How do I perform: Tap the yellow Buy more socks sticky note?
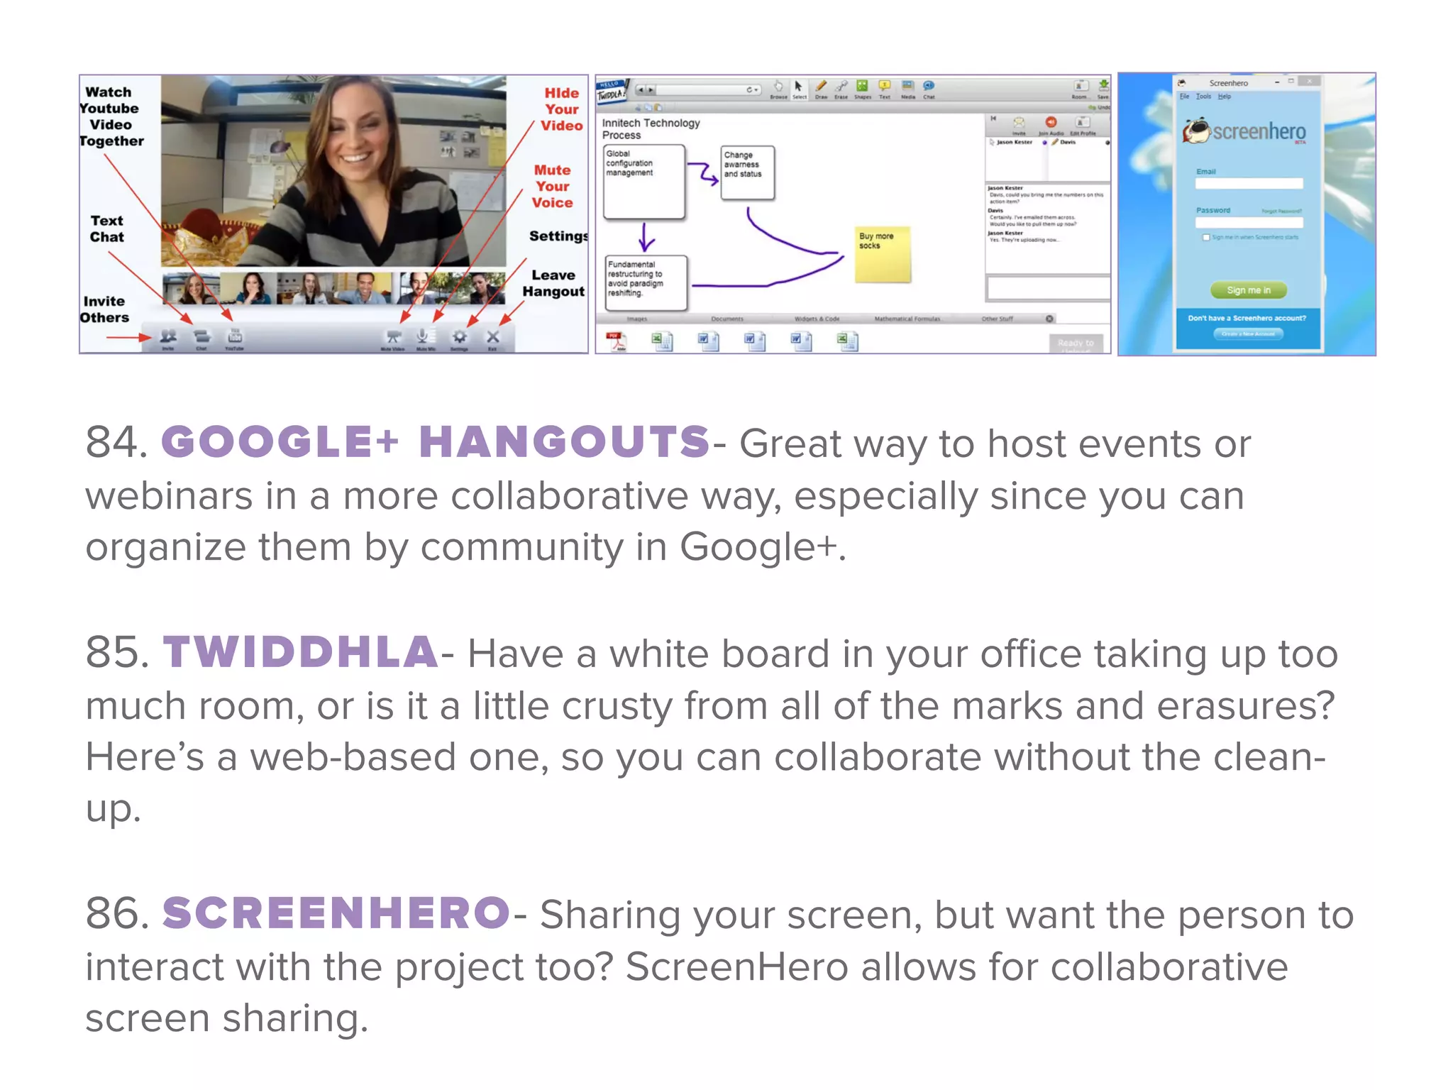point(882,254)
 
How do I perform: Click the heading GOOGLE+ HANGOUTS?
point(436,441)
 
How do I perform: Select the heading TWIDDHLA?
point(301,651)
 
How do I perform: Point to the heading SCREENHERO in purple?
point(336,913)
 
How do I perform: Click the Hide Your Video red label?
point(561,109)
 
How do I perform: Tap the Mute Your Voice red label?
point(552,186)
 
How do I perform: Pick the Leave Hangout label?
point(553,283)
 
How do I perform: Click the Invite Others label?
point(104,309)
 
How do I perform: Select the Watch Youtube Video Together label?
point(111,116)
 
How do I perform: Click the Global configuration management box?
point(643,182)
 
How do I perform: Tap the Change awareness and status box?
point(747,172)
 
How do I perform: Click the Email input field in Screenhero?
point(1248,184)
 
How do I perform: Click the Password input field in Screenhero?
point(1248,222)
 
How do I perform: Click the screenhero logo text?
point(1259,131)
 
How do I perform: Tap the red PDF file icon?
point(616,341)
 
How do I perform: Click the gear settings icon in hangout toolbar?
point(460,337)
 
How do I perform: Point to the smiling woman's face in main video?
point(353,139)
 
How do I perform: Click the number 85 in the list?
point(116,651)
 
